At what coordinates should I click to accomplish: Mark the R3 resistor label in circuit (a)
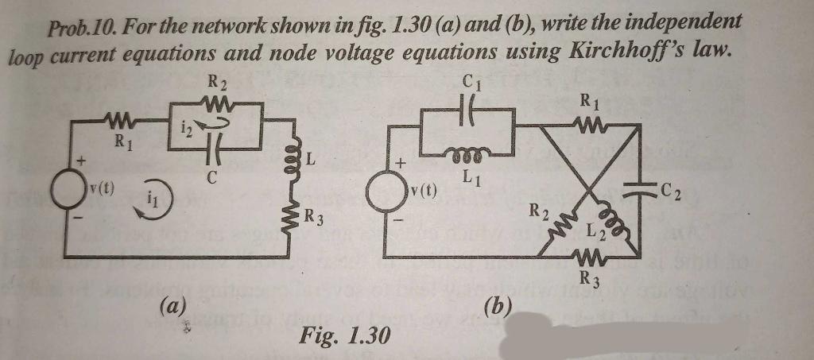pyautogui.click(x=315, y=215)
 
